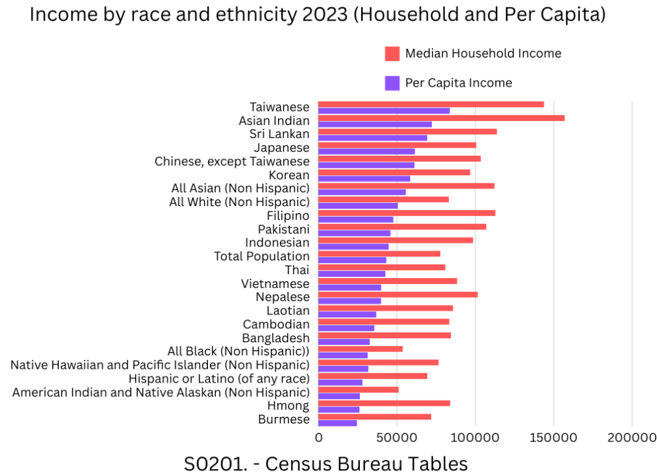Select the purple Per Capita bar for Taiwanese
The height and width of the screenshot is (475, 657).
tap(384, 111)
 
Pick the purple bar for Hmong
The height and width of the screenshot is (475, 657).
tap(339, 410)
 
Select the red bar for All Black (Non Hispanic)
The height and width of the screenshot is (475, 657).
tap(361, 348)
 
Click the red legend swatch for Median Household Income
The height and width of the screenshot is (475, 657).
tap(392, 54)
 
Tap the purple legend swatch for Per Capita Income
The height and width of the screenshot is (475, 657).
tap(392, 83)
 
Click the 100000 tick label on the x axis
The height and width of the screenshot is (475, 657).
tap(475, 437)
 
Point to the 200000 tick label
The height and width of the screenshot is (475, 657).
tap(632, 437)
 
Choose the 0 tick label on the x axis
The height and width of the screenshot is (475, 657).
tap(319, 437)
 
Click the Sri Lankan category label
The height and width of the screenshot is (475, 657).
tap(279, 134)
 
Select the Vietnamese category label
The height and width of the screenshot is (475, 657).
tap(275, 283)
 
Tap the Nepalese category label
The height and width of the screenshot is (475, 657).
tap(282, 297)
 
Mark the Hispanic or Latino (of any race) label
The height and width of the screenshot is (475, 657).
tap(219, 379)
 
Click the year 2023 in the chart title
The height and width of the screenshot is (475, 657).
tap(315, 15)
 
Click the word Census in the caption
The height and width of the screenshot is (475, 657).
tap(303, 464)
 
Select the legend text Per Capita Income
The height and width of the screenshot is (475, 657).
tap(458, 83)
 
